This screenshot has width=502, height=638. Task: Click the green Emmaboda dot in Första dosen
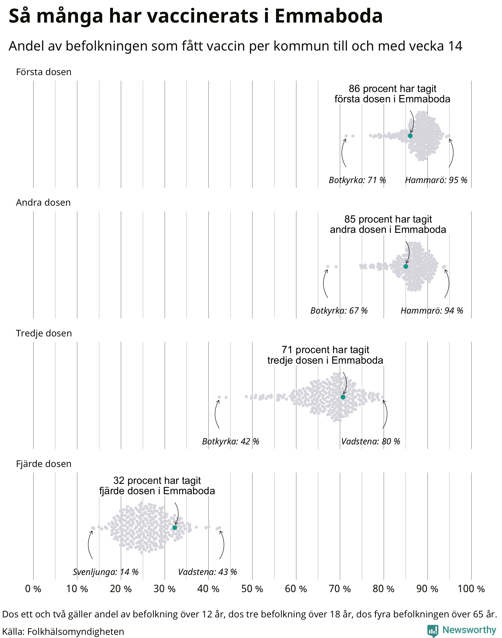pyautogui.click(x=410, y=136)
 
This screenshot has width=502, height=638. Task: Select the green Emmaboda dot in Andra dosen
pyautogui.click(x=406, y=266)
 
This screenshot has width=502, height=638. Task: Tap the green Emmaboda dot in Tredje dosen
pyautogui.click(x=343, y=397)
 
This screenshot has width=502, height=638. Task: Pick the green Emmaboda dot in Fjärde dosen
pyautogui.click(x=175, y=528)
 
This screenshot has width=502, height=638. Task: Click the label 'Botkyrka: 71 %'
pyautogui.click(x=357, y=180)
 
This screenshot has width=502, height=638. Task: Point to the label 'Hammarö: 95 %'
pyautogui.click(x=436, y=180)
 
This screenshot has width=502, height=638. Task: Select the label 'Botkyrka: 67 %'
pyautogui.click(x=339, y=310)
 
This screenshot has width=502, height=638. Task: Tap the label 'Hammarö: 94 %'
pyautogui.click(x=432, y=310)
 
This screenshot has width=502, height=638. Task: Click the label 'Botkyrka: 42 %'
pyautogui.click(x=231, y=441)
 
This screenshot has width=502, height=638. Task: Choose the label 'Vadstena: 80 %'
pyautogui.click(x=371, y=441)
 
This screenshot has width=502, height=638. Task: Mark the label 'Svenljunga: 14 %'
pyautogui.click(x=105, y=572)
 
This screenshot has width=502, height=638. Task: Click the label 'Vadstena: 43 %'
pyautogui.click(x=208, y=572)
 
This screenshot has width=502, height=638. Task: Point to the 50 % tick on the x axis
pyautogui.click(x=252, y=589)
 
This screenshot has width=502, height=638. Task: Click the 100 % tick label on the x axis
pyautogui.click(x=471, y=589)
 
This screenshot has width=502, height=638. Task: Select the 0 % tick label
pyautogui.click(x=33, y=589)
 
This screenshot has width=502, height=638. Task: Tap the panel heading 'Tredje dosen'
pyautogui.click(x=44, y=333)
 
